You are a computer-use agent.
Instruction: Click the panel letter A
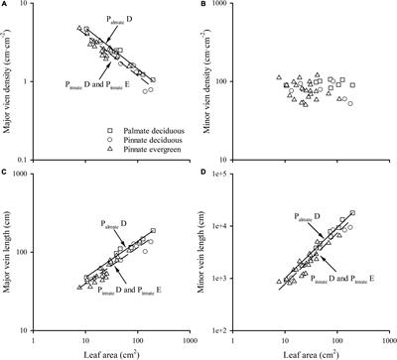[7, 6]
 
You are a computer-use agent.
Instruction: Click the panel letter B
[205, 6]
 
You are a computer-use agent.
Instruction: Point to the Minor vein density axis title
[208, 83]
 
